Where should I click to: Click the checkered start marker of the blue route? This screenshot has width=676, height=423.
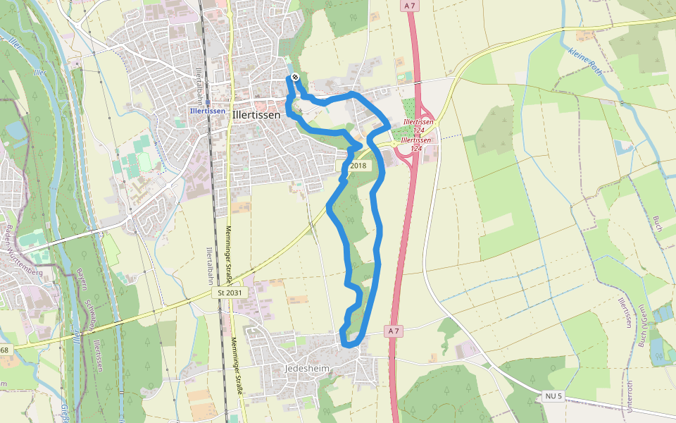[x=295, y=77]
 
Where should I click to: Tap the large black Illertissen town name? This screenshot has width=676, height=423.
[x=256, y=114]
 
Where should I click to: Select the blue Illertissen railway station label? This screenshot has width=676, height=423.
[x=208, y=111]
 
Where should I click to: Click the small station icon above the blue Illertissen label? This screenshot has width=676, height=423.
[x=208, y=102]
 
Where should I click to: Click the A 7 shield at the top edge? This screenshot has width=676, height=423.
[x=409, y=6]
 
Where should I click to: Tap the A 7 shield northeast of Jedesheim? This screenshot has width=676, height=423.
[x=394, y=330]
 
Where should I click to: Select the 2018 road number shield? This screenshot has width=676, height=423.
[x=359, y=166]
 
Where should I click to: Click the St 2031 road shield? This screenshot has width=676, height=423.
[x=230, y=292]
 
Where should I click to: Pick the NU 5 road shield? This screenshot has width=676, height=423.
[x=554, y=397]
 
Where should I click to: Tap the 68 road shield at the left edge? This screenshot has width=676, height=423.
[x=4, y=350]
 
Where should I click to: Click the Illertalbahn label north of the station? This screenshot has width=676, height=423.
[x=199, y=78]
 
